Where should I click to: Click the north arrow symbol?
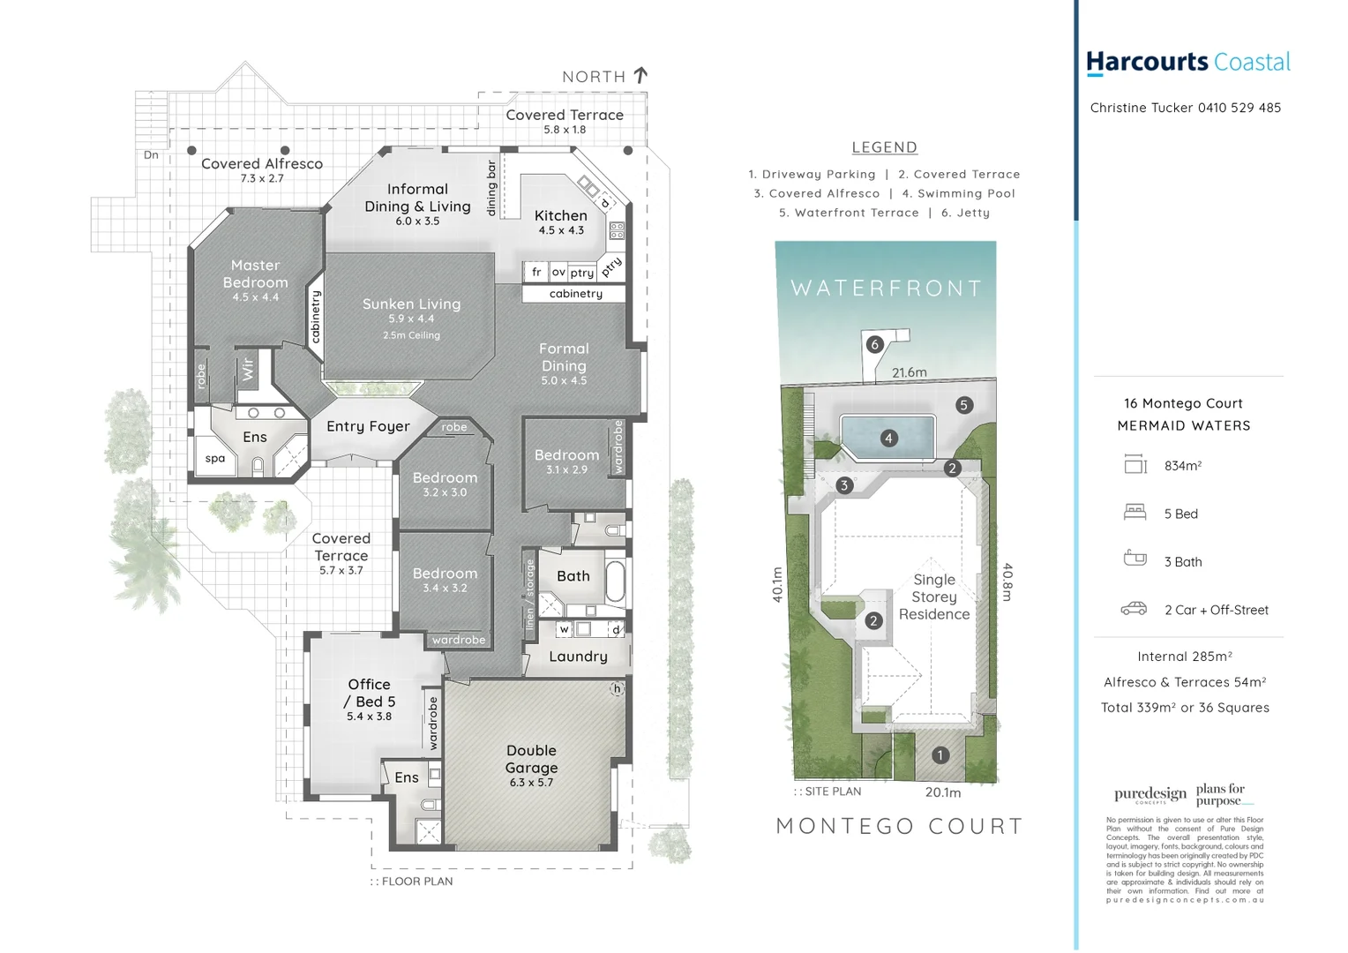coord(641,76)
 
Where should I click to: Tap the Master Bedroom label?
coord(255,274)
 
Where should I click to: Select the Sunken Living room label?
coord(411,304)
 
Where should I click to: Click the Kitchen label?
coord(560,216)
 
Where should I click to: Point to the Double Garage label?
coord(531,759)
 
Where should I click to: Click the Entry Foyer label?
coord(368,427)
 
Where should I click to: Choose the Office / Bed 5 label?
coord(369,693)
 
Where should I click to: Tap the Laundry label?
coord(578,657)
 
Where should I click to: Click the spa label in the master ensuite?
coord(215,459)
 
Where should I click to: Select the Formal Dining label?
coord(564,357)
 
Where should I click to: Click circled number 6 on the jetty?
coord(874,344)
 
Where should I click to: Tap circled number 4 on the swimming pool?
coord(888,439)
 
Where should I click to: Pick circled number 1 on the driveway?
coord(940,755)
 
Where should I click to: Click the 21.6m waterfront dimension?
coord(909,372)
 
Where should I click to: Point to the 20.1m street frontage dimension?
coord(943,792)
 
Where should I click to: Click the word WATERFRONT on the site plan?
coord(886,289)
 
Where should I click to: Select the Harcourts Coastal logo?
coord(1187,63)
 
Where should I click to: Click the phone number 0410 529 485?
coord(1239,108)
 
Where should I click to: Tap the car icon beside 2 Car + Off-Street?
coord(1134,609)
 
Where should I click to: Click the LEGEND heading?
coord(884,147)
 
